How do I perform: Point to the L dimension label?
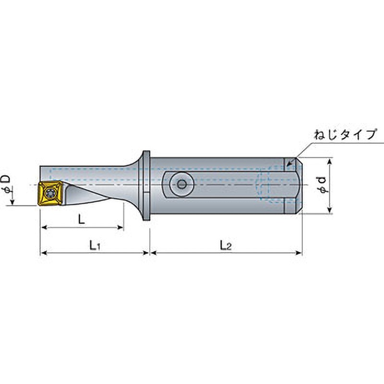coord(82,220)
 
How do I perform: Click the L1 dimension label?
coord(95,246)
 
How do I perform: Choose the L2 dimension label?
coord(226,246)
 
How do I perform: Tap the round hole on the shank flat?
coord(181,184)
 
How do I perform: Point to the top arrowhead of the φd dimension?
coord(329,161)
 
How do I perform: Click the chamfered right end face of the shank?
coord(299,185)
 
